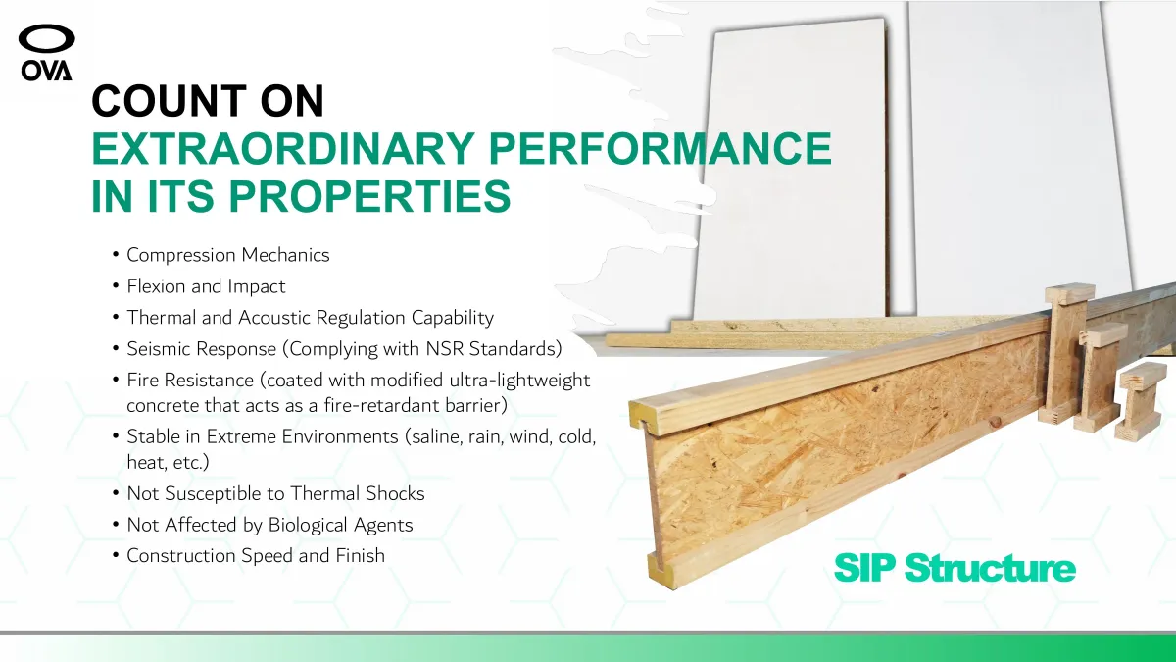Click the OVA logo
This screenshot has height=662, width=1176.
pos(47,53)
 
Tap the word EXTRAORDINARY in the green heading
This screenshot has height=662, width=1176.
pos(283,149)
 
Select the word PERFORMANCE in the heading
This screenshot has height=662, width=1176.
pos(660,149)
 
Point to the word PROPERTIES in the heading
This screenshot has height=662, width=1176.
pos(369,196)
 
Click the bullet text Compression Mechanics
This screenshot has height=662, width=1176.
pos(227,255)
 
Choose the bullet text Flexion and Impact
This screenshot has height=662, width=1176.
pos(206,286)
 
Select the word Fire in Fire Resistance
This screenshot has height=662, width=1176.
pos(143,380)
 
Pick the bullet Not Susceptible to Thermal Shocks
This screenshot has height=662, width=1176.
pos(275,493)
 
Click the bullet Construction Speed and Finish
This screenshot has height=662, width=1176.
pos(256,556)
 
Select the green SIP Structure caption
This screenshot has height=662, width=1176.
pos(955,568)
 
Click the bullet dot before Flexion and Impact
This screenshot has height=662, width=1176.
pos(116,286)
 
